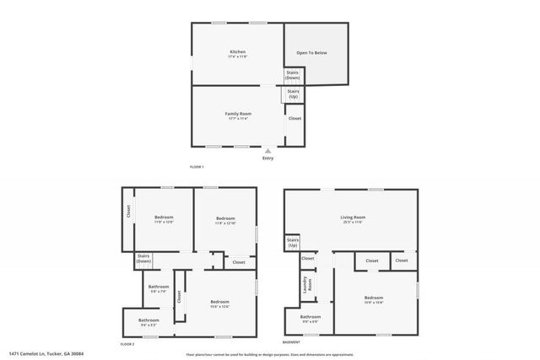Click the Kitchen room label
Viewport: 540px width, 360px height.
click(238, 53)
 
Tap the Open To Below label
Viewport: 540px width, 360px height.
click(311, 53)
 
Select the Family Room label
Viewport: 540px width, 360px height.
click(238, 114)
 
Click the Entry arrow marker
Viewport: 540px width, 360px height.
click(268, 150)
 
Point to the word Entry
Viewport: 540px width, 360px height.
click(268, 158)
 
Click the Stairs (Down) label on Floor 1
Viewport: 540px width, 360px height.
click(292, 76)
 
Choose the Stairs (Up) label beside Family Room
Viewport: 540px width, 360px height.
click(293, 94)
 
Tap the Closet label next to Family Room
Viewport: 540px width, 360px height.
click(294, 118)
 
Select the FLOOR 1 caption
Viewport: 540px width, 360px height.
click(197, 166)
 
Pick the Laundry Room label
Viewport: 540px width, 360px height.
click(309, 284)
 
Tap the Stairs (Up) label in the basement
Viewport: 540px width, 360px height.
click(293, 243)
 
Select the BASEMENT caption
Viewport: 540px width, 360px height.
click(291, 342)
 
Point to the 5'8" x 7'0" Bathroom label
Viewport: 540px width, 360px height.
click(159, 287)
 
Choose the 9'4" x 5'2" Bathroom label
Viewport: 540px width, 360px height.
click(148, 321)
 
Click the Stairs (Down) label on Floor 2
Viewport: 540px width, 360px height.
click(143, 260)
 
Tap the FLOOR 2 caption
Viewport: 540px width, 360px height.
click(127, 344)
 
